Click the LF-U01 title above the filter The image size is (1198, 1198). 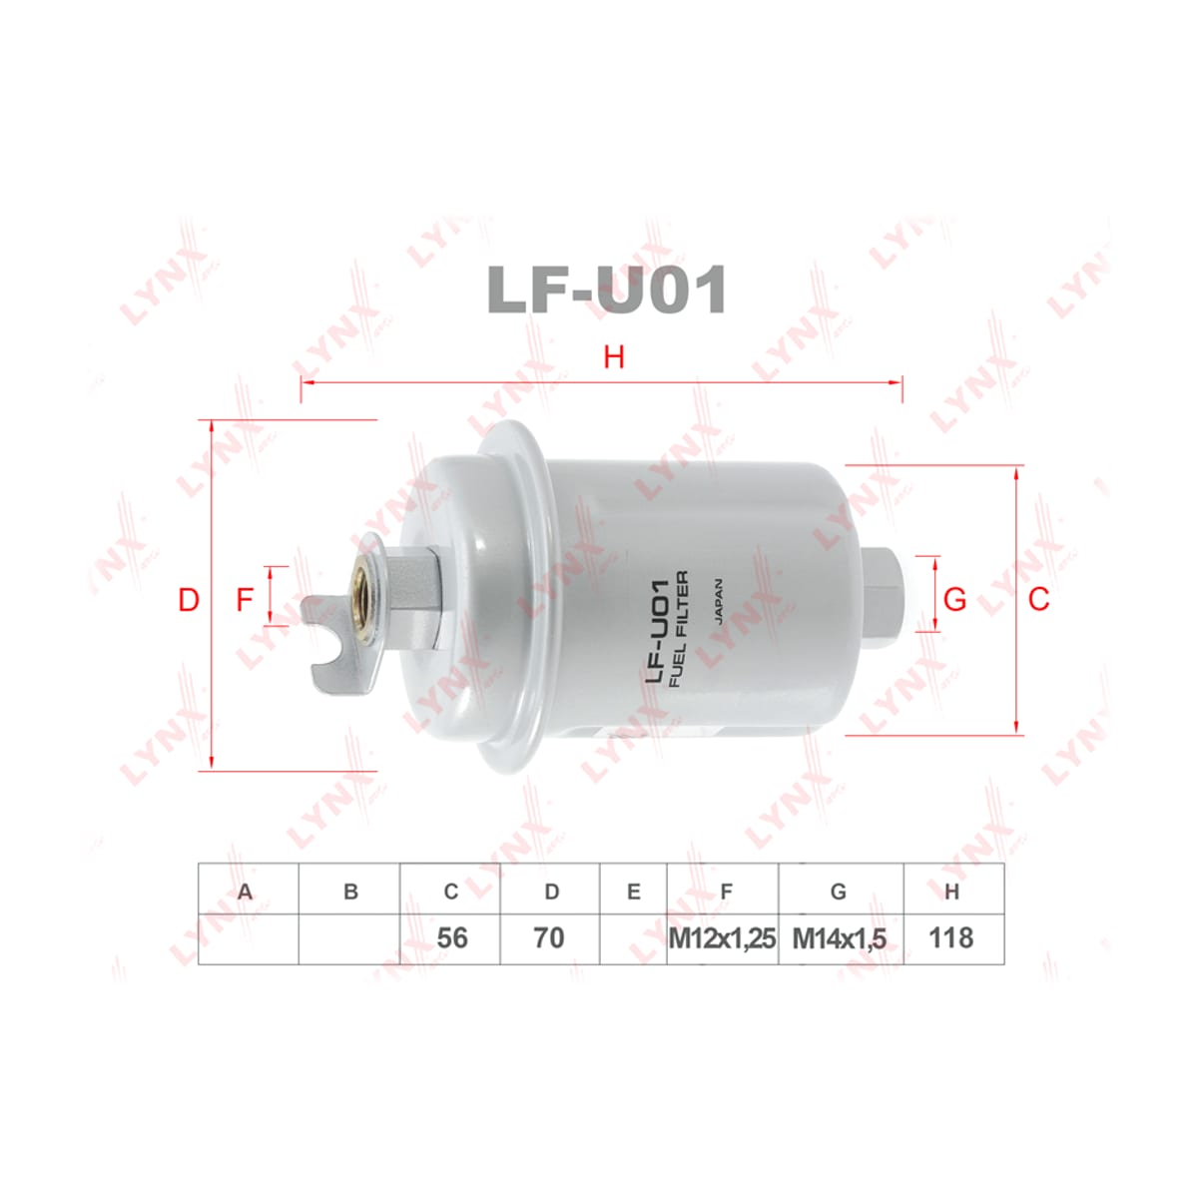[606, 291]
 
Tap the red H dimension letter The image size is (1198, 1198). [614, 357]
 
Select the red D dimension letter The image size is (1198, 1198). [189, 600]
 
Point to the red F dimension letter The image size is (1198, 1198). [245, 600]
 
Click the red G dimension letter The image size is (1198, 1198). [955, 600]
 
